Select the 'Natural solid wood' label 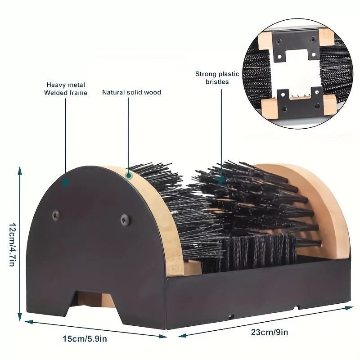click(x=131, y=93)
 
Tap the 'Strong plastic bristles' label click(x=211, y=78)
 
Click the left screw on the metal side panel click(x=55, y=216)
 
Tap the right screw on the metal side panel click(x=124, y=219)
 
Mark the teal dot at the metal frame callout click(x=66, y=182)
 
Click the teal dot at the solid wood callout click(x=128, y=176)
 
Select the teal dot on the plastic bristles click(x=221, y=179)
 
